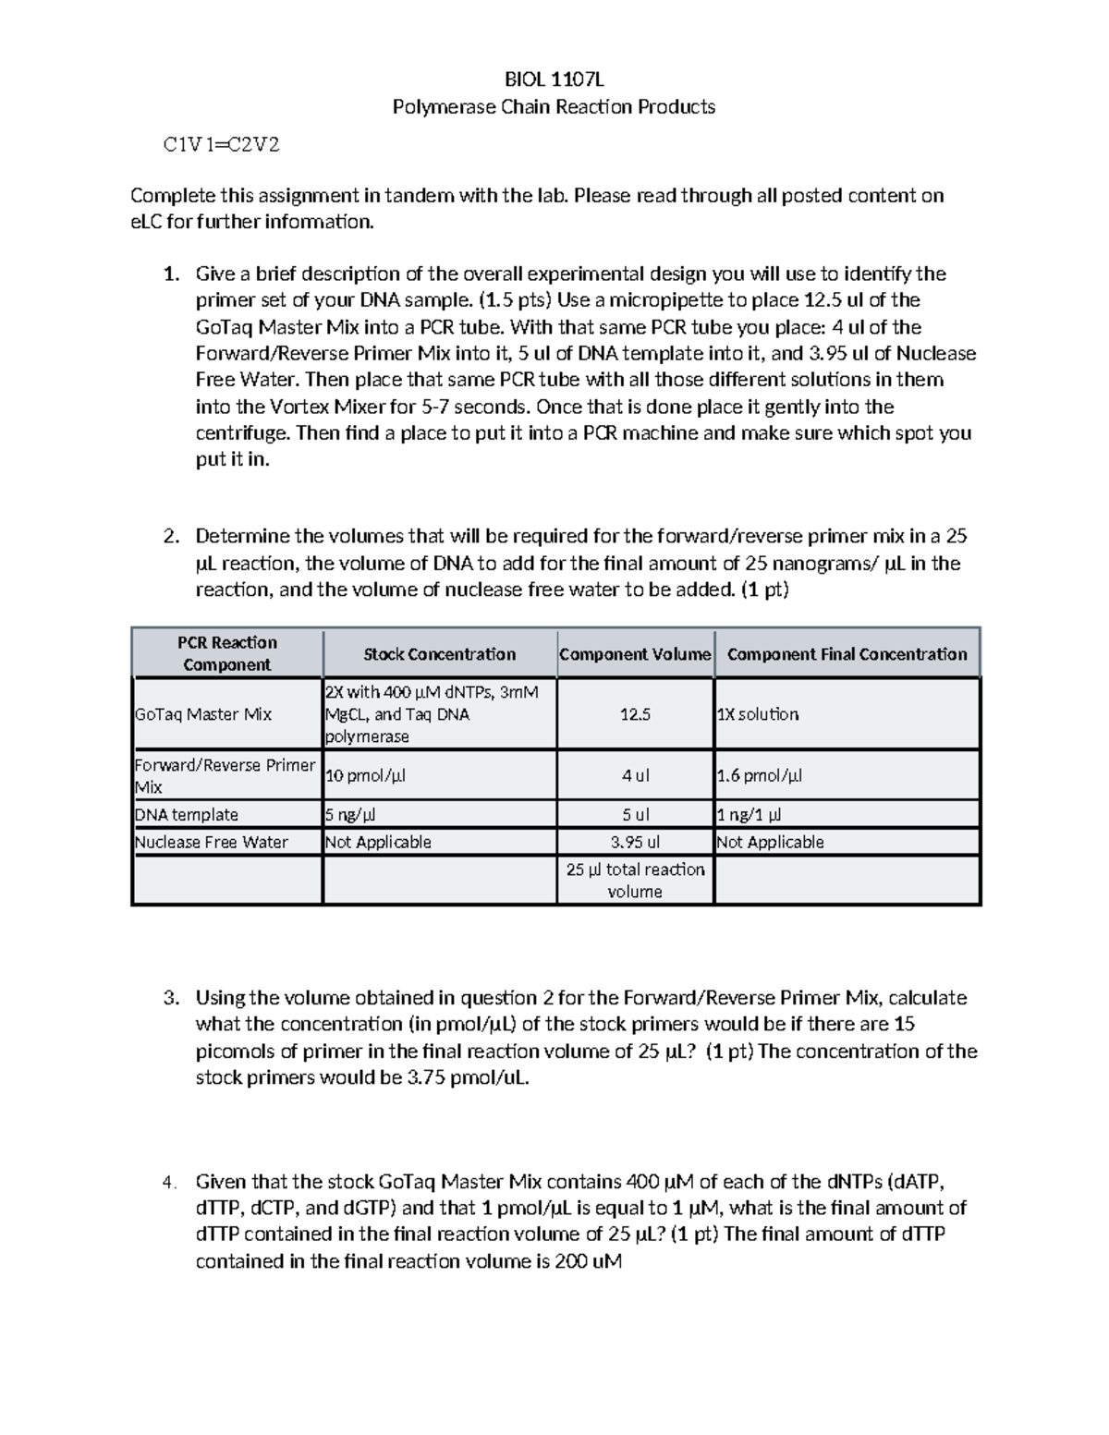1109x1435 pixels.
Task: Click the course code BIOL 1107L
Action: click(x=554, y=80)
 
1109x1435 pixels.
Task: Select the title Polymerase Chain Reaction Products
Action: click(x=554, y=107)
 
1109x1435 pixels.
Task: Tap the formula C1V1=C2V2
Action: click(x=221, y=145)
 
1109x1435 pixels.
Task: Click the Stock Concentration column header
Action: click(x=439, y=654)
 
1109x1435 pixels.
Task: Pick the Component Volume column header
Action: click(x=635, y=654)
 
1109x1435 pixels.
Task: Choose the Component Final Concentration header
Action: click(x=847, y=654)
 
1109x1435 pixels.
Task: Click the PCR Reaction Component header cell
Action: click(x=227, y=653)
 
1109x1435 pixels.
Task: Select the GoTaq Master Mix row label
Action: click(x=203, y=714)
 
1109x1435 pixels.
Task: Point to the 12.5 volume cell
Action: click(x=635, y=714)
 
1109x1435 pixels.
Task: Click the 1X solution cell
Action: click(x=758, y=714)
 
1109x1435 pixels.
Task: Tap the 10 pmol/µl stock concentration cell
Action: click(x=365, y=775)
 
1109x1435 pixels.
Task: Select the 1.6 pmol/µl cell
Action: click(x=760, y=775)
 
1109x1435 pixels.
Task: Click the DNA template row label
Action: click(x=187, y=815)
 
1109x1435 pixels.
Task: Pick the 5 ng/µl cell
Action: click(x=350, y=815)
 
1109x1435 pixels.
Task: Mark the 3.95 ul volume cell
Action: click(x=635, y=842)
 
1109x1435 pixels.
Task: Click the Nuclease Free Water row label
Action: click(x=212, y=842)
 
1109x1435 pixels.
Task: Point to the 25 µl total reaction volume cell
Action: click(x=635, y=880)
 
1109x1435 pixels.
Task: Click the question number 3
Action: click(x=169, y=998)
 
